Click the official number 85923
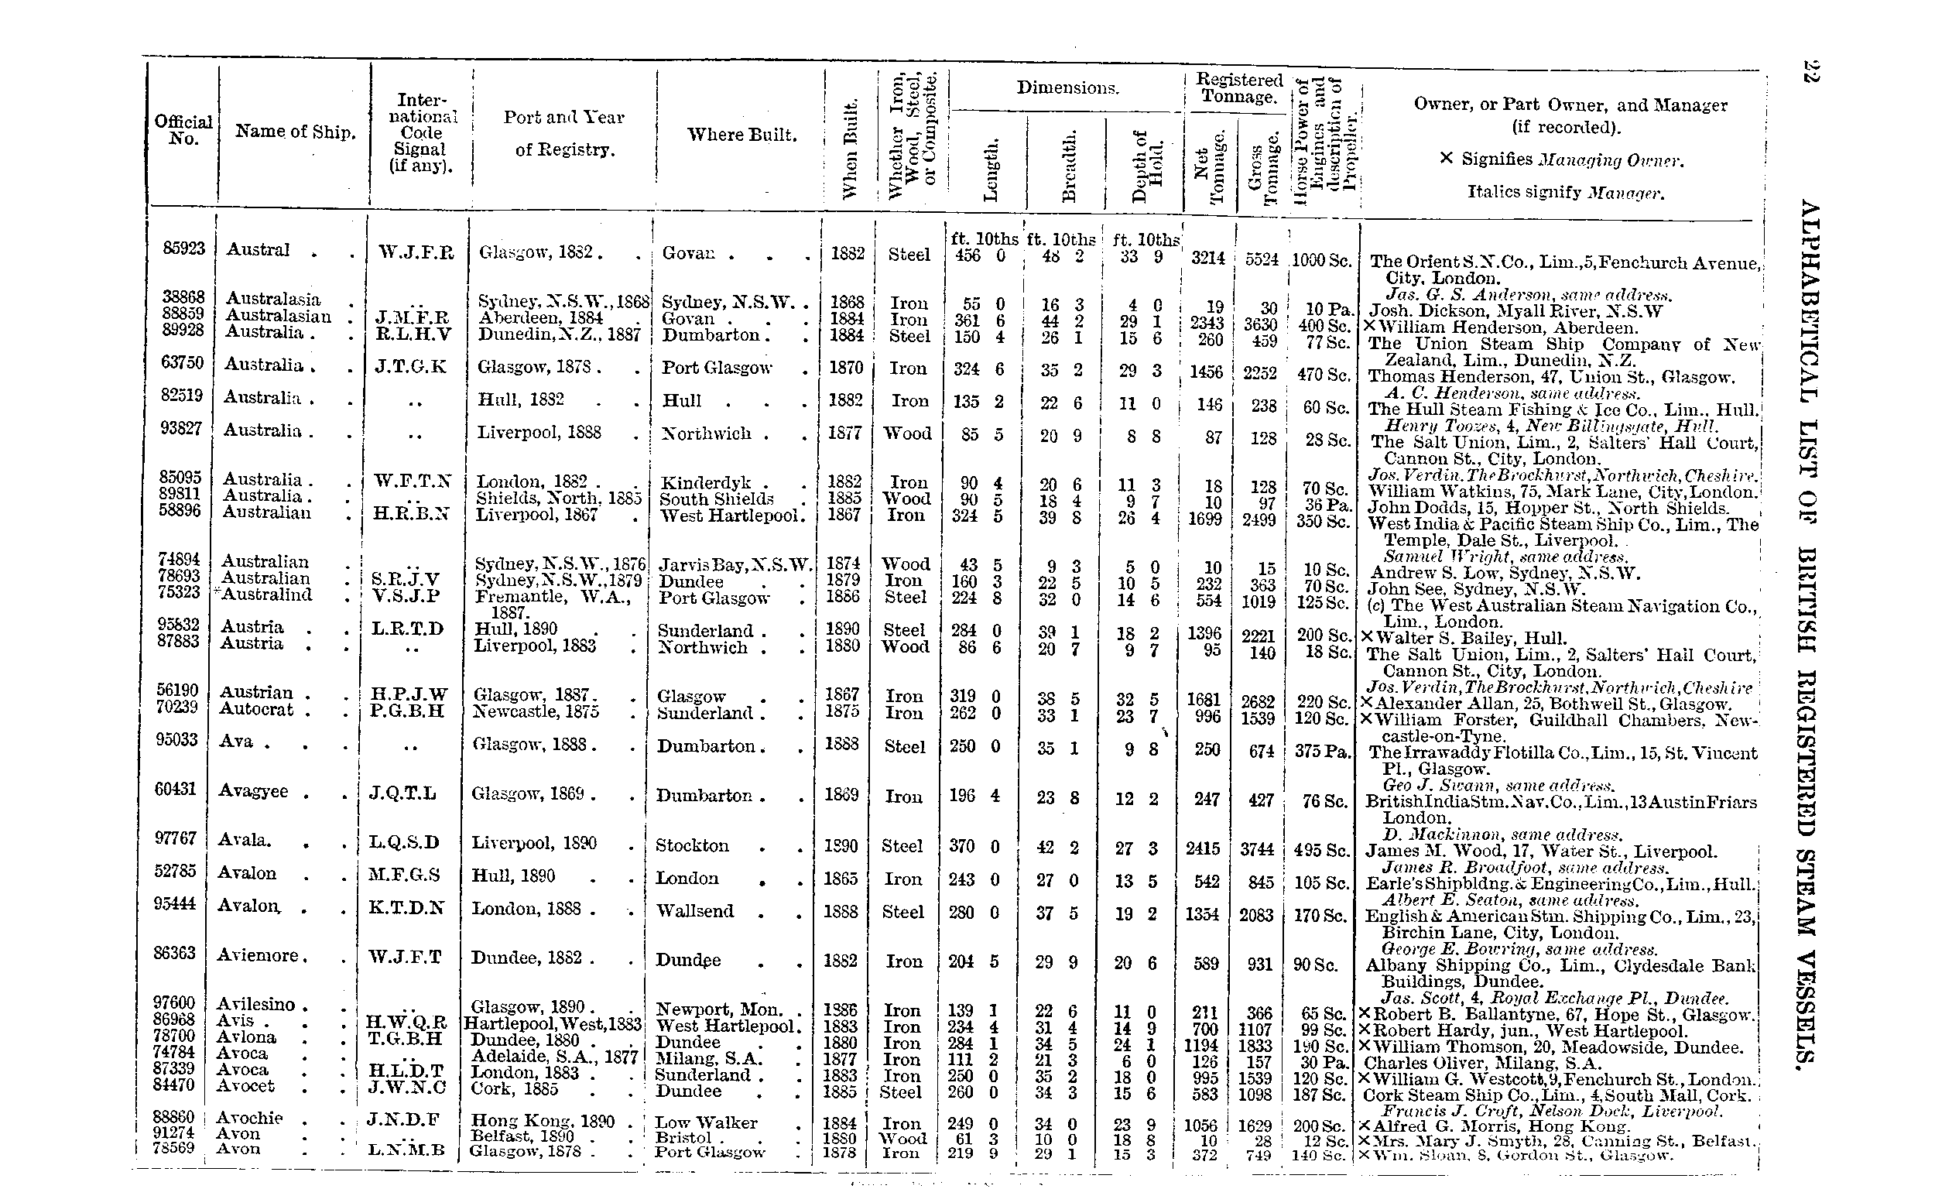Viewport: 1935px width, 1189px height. point(183,248)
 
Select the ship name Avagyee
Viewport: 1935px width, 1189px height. point(253,791)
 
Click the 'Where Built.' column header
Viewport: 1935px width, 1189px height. point(741,135)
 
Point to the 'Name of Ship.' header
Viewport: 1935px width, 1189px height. point(295,132)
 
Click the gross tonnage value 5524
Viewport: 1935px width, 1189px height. point(1261,259)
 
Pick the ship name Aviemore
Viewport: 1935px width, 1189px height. point(258,955)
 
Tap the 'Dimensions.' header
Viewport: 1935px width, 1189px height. point(1067,87)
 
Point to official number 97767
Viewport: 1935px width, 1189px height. point(175,838)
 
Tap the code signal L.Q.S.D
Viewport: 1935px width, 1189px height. point(404,843)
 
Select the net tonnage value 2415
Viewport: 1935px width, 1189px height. point(1203,849)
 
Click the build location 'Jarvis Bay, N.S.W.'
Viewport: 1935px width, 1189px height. point(735,564)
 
